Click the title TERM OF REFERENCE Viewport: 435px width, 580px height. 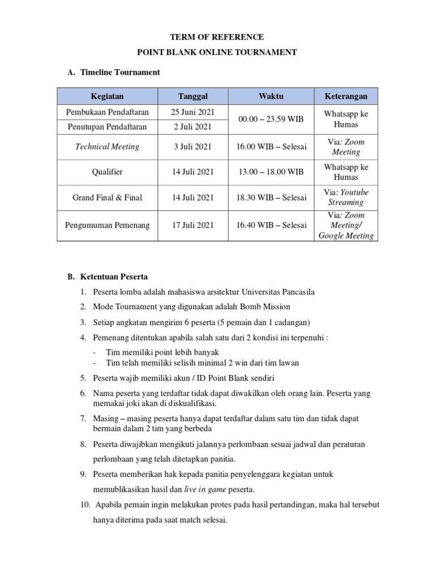217,37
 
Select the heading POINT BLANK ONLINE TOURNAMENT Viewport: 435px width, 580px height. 217,52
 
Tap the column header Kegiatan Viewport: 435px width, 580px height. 107,96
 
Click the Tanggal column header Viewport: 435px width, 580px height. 193,96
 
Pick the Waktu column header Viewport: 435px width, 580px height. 271,96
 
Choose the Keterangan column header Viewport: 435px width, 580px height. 346,96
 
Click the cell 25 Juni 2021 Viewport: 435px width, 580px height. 193,112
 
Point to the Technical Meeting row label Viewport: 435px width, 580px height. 107,147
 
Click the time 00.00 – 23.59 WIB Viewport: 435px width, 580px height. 271,119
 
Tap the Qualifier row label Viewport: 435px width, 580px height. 107,172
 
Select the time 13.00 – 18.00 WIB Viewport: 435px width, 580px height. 271,172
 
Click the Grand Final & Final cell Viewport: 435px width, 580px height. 107,198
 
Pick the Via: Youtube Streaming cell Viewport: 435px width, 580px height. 346,197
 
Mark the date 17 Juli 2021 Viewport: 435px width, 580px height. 193,225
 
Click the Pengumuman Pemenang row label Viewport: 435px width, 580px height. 107,225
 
